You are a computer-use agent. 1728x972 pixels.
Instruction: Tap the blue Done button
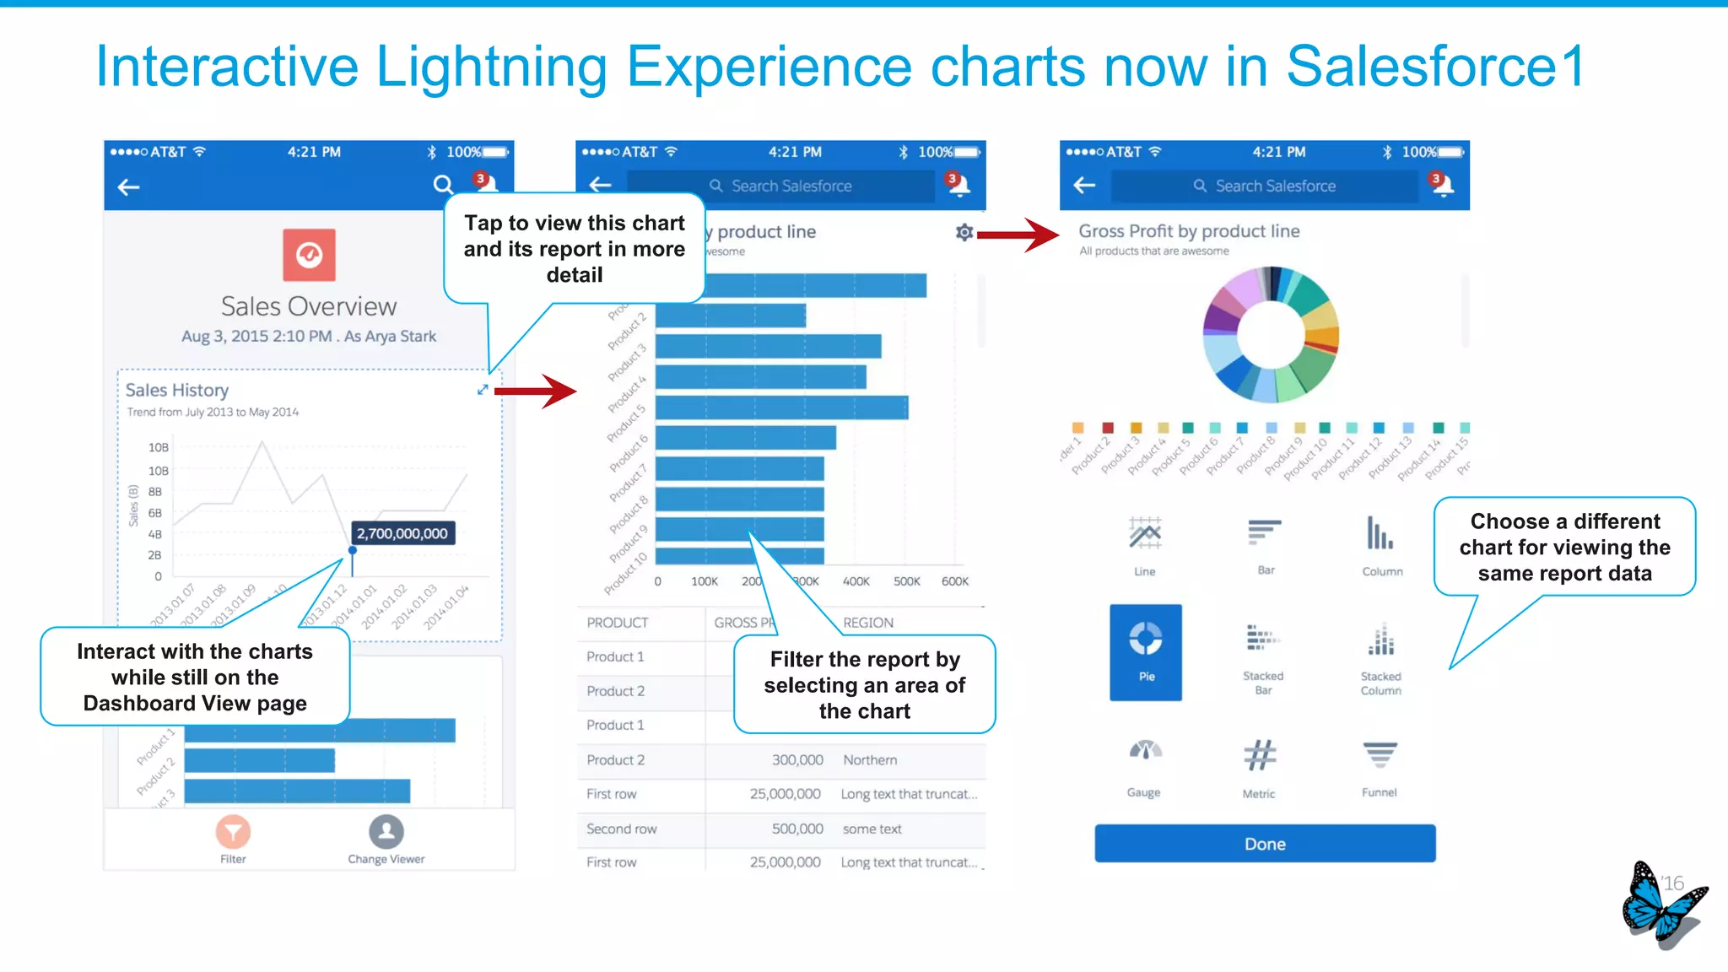point(1264,844)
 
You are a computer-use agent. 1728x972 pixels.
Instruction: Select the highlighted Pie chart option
point(1145,651)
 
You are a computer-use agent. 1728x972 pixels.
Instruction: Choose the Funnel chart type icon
point(1380,755)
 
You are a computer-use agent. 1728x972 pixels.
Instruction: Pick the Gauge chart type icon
point(1145,751)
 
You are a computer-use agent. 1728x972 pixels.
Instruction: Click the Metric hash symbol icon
point(1259,755)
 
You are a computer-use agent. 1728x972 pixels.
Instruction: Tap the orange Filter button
point(233,832)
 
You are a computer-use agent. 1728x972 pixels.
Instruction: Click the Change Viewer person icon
point(386,832)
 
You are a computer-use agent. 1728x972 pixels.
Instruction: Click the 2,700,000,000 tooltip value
point(402,533)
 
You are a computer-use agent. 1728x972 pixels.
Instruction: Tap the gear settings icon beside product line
point(964,232)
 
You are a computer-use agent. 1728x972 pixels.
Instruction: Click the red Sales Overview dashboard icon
point(309,255)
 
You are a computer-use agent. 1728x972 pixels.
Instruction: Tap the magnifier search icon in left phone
point(443,185)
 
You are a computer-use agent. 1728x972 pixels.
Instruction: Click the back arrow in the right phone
point(1084,185)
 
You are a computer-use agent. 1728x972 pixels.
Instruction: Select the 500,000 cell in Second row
point(797,829)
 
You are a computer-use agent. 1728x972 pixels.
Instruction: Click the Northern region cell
point(870,760)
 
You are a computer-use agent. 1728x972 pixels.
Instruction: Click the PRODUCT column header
point(618,623)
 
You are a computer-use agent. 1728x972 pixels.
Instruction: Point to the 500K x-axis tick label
point(906,581)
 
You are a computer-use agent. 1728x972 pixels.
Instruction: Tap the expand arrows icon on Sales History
point(483,389)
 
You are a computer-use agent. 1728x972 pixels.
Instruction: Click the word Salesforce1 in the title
point(1434,66)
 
